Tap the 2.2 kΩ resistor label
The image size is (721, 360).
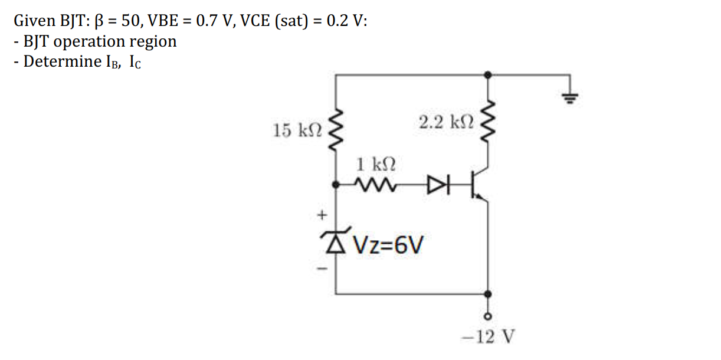click(446, 123)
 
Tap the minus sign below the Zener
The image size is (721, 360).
click(322, 269)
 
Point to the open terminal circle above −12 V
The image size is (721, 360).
click(487, 315)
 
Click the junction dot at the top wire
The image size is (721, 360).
click(487, 75)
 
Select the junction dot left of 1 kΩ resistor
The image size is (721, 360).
click(336, 185)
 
